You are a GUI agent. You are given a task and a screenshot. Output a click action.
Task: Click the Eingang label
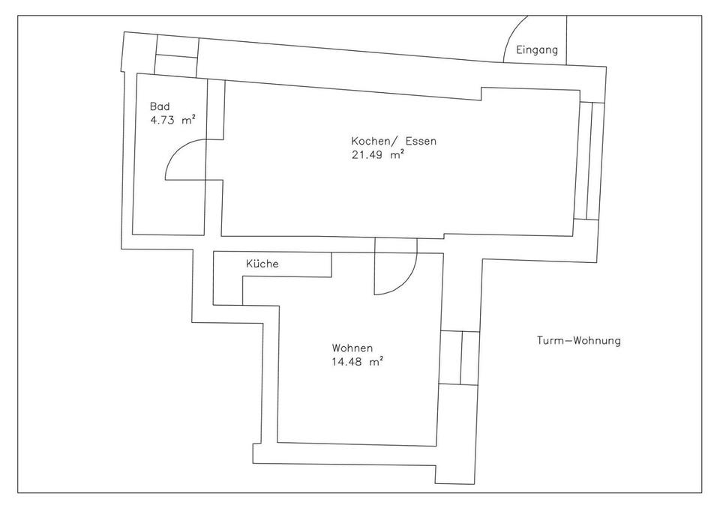coord(538,51)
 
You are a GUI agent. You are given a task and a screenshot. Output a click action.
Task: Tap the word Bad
coord(159,107)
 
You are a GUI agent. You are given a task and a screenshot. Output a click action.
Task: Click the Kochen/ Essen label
coord(393,142)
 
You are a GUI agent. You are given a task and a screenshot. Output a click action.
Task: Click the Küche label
coord(262,264)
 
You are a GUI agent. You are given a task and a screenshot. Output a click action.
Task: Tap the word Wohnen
coord(352,348)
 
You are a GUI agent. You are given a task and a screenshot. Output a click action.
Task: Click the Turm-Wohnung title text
coord(578,341)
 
